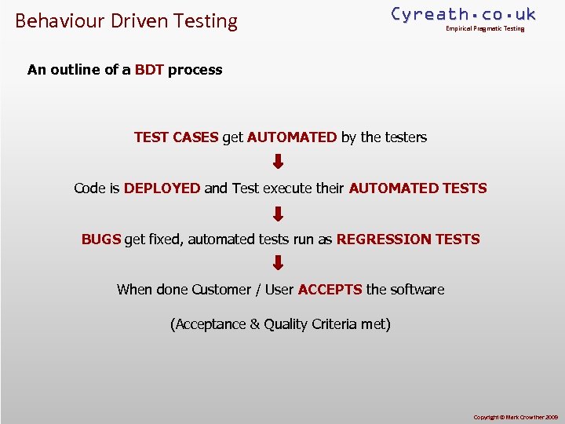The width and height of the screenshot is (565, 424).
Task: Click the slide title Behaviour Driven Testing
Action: click(x=126, y=21)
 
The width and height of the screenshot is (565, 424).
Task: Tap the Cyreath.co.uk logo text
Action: click(x=463, y=14)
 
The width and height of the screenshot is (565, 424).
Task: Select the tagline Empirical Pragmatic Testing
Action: click(x=485, y=29)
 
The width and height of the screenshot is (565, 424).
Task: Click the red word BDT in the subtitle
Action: click(x=149, y=70)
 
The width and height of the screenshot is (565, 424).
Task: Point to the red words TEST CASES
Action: click(x=176, y=137)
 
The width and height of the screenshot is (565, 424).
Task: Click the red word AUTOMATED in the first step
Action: click(x=292, y=137)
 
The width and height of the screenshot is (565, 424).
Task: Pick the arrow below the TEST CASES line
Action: click(x=278, y=163)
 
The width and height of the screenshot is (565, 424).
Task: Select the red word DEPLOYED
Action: click(x=162, y=188)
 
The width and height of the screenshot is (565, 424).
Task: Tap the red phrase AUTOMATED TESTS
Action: click(x=417, y=188)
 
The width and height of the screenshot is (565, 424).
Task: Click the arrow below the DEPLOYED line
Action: click(x=278, y=214)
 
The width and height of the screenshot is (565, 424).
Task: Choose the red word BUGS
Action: click(x=101, y=239)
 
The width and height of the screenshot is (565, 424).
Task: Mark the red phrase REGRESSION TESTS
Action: click(x=408, y=239)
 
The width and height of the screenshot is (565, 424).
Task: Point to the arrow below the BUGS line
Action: click(x=278, y=264)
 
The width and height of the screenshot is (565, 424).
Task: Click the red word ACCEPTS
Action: click(x=330, y=290)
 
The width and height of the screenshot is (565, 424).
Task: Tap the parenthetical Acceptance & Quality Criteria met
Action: click(x=280, y=324)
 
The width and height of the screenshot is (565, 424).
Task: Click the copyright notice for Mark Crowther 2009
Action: click(x=514, y=416)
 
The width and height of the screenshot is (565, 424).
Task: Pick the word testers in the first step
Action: click(x=405, y=137)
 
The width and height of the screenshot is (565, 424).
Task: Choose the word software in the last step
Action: click(x=417, y=290)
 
